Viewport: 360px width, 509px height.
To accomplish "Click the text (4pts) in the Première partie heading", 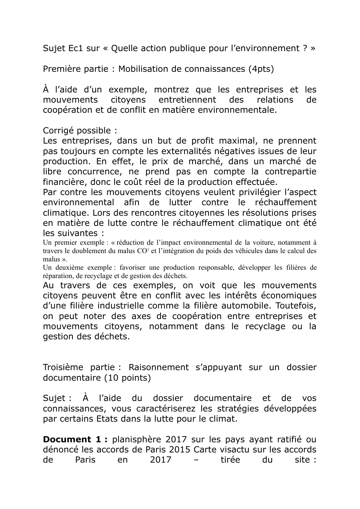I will point(261,69).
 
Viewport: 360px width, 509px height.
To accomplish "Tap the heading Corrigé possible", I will point(80,131).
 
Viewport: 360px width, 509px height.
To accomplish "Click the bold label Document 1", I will point(75,439).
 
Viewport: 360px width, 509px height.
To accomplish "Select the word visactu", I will point(236,450).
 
